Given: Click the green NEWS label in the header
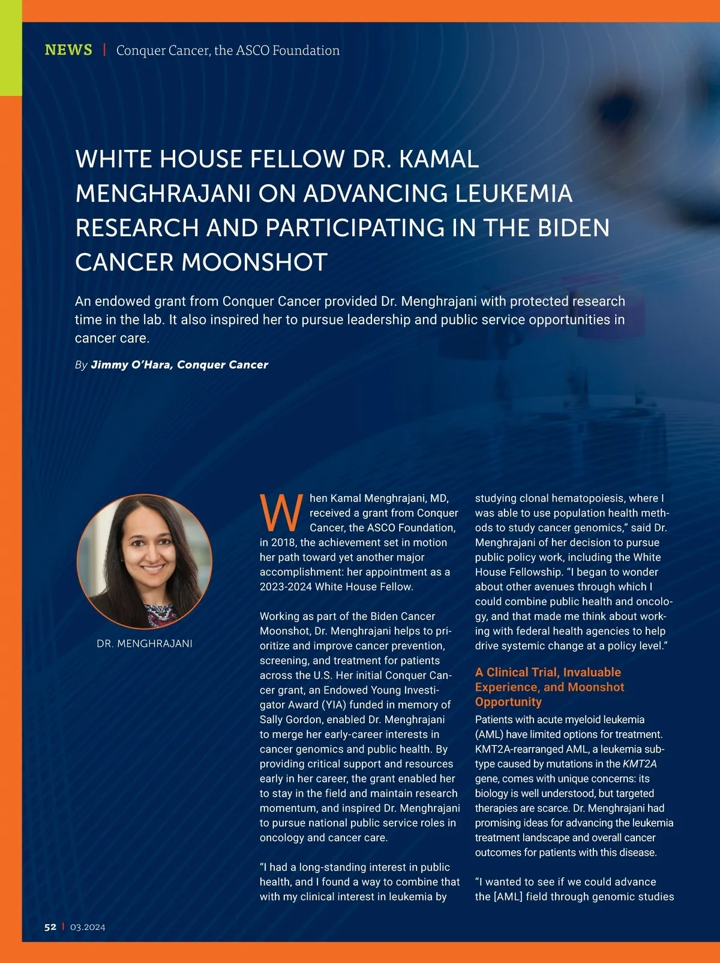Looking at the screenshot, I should coord(68,50).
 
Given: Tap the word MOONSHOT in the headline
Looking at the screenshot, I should coord(254,262).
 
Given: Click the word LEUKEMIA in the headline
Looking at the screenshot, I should coord(514,193).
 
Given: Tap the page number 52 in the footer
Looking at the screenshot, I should coord(50,927).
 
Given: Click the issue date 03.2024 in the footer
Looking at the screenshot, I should coord(88,927).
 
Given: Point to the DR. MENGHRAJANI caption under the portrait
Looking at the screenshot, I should coord(145,643).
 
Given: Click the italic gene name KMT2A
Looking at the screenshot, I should coord(640,764).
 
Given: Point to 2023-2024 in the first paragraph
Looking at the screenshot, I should coord(286,586).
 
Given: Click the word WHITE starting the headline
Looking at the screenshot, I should coord(113,159).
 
